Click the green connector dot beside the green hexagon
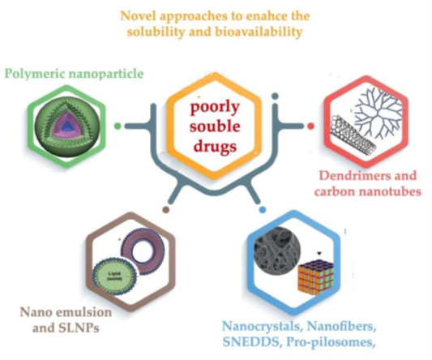pos(118,126)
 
